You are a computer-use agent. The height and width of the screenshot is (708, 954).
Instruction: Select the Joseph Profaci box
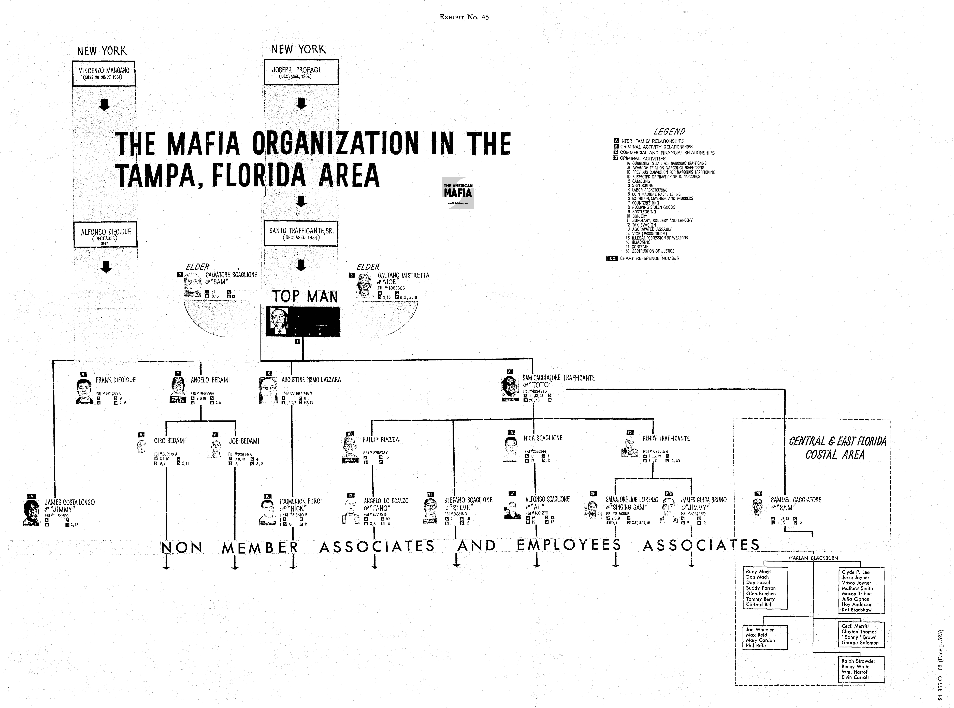[301, 72]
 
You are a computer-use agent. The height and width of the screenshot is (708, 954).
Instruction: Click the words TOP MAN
[305, 297]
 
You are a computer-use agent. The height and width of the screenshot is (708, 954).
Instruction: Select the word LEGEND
[669, 131]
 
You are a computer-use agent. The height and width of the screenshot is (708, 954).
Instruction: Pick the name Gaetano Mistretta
[403, 275]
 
